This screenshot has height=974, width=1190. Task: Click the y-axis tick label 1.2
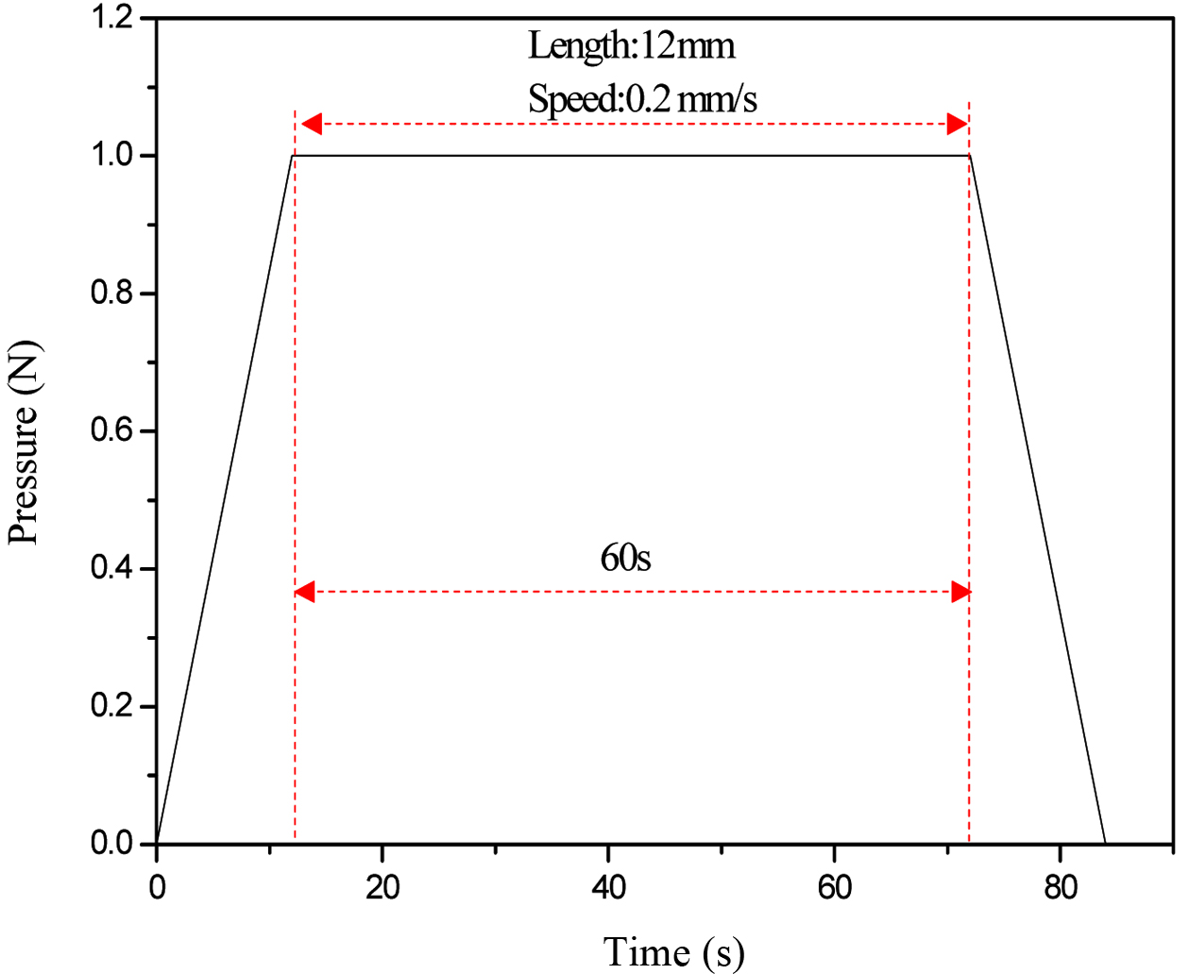click(x=111, y=18)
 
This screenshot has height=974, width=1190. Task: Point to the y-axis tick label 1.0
click(x=111, y=155)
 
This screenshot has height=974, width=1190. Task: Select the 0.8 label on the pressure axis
click(x=111, y=294)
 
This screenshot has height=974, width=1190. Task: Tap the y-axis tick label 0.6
click(x=111, y=431)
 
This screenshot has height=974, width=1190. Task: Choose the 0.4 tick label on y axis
click(x=111, y=568)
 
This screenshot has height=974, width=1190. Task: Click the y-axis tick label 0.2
click(x=111, y=706)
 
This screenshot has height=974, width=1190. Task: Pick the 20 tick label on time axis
click(x=382, y=888)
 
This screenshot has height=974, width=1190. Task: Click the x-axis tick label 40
click(x=608, y=888)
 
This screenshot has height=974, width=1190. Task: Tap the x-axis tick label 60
click(x=835, y=888)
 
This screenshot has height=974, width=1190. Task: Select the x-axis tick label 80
click(x=1061, y=888)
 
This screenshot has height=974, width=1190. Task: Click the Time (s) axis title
click(x=673, y=951)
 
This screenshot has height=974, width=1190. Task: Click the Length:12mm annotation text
click(x=631, y=46)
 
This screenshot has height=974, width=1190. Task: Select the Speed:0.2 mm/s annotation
click(x=642, y=99)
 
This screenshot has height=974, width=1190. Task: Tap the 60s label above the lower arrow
click(x=625, y=558)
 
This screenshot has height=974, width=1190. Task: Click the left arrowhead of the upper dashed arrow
click(x=310, y=124)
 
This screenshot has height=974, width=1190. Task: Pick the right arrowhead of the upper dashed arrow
click(x=957, y=124)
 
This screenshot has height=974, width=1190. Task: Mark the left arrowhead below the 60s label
click(x=305, y=593)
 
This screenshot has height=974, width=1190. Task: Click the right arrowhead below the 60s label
click(x=960, y=593)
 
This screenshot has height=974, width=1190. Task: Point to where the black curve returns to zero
click(x=1105, y=843)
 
